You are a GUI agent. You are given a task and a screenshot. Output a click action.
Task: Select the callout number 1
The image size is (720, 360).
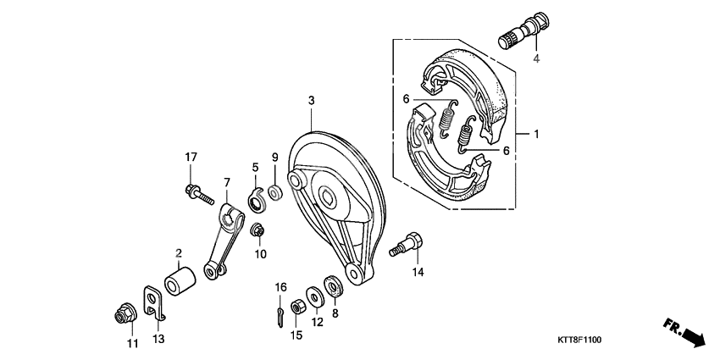point(535,134)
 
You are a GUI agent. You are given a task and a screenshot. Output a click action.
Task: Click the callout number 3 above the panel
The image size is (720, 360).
point(312,101)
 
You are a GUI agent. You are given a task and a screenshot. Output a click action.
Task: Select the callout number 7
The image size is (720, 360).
point(226,182)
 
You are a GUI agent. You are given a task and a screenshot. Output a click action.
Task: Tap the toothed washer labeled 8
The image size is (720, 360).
point(334,285)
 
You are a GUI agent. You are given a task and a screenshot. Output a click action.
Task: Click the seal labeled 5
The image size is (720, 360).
point(256,200)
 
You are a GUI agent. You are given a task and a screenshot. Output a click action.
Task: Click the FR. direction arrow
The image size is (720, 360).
point(683,331)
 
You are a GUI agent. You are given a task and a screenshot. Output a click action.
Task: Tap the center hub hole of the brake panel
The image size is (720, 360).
point(329,198)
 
